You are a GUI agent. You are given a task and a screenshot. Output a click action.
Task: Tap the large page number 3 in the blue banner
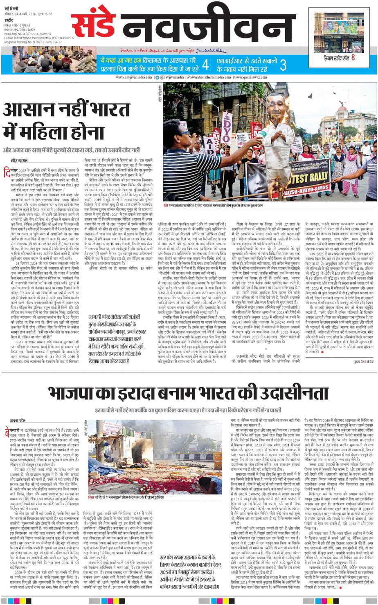(283, 65)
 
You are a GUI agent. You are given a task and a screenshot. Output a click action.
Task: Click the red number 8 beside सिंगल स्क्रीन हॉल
(353, 58)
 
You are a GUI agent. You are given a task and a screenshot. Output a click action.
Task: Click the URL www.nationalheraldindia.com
(208, 77)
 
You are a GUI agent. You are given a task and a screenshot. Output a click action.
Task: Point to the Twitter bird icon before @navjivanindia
(157, 77)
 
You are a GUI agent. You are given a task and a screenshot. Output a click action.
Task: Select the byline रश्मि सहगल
(19, 160)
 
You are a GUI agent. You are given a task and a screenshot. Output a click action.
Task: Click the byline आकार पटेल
(18, 420)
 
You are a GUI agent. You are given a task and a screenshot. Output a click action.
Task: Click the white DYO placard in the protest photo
(226, 123)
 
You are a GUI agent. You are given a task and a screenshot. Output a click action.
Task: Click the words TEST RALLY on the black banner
(308, 179)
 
